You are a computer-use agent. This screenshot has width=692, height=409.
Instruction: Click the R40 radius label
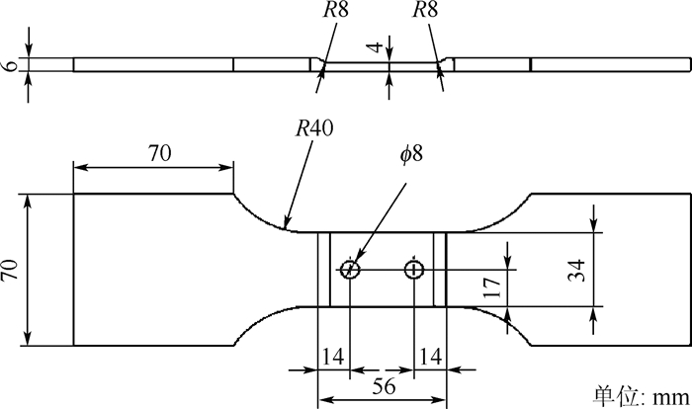pos(314,130)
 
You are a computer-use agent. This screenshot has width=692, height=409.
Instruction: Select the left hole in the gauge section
pos(349,269)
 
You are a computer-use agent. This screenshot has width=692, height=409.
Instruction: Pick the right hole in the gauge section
pos(414,269)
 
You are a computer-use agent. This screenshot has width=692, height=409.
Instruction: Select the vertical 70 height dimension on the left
pos(13,270)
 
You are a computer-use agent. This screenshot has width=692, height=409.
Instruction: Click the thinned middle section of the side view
pos(381,66)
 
